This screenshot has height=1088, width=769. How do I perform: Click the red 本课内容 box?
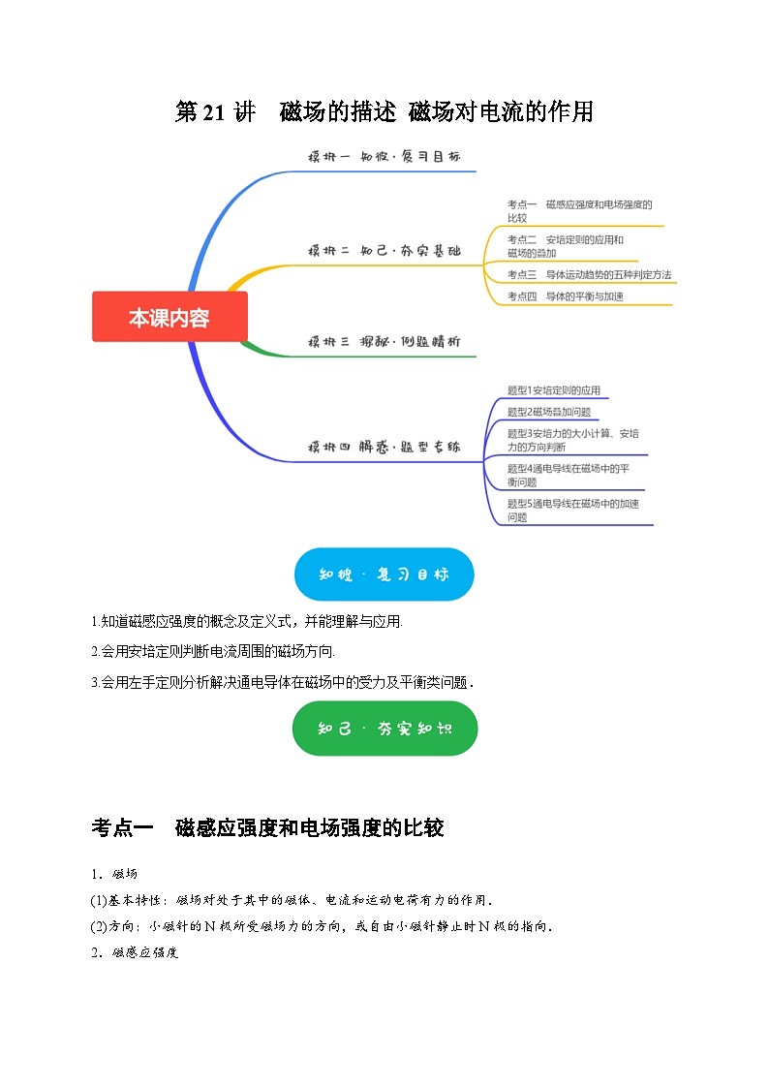(x=169, y=317)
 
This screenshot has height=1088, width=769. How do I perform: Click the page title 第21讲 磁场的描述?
(x=384, y=112)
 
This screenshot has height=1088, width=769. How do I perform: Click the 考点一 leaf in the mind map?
(x=579, y=211)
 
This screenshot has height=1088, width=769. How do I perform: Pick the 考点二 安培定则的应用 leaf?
(x=566, y=246)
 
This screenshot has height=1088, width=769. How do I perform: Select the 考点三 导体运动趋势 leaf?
(x=589, y=275)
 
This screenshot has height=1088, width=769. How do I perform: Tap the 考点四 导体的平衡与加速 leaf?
(x=566, y=296)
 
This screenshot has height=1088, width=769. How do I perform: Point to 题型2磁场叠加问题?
(x=548, y=412)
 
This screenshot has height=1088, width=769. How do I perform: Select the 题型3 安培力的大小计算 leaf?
(x=572, y=440)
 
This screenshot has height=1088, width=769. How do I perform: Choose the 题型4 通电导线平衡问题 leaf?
(x=569, y=475)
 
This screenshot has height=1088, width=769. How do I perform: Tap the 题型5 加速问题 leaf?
(x=572, y=510)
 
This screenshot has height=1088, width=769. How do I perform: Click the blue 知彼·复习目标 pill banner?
(x=384, y=575)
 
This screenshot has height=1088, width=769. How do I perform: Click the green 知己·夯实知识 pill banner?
(x=384, y=729)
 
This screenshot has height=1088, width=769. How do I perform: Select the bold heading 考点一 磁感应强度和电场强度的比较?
(x=267, y=828)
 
